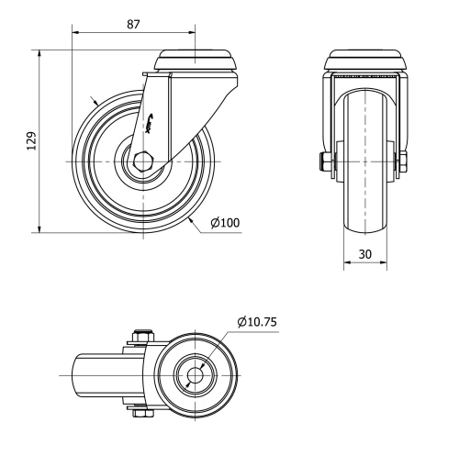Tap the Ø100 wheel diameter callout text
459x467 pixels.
pos(225,223)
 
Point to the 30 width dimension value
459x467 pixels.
pos(365,252)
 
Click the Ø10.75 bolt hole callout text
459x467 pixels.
pos(257,322)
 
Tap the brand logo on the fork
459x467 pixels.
pos(154,119)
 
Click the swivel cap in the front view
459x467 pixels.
pos(365,61)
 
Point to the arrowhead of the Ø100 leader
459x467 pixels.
pos(189,218)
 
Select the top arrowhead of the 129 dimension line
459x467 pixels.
pos(40,54)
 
